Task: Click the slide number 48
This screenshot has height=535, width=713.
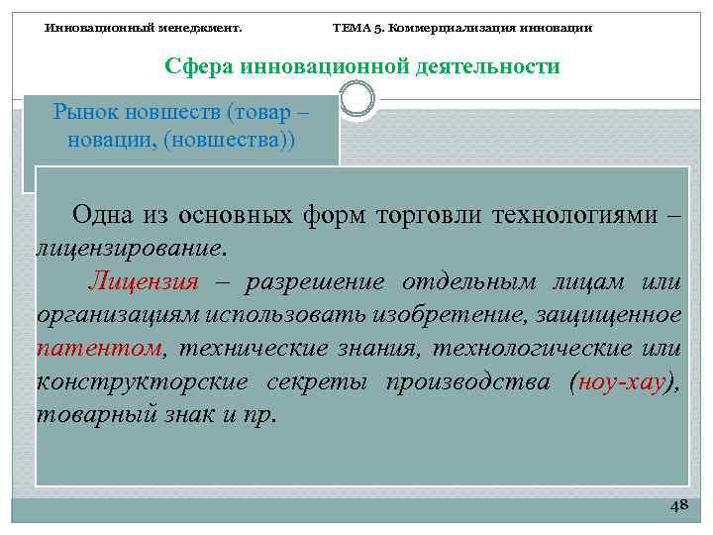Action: click(678, 506)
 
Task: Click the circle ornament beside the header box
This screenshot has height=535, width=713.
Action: click(356, 97)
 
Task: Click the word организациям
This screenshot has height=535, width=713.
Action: click(120, 315)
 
